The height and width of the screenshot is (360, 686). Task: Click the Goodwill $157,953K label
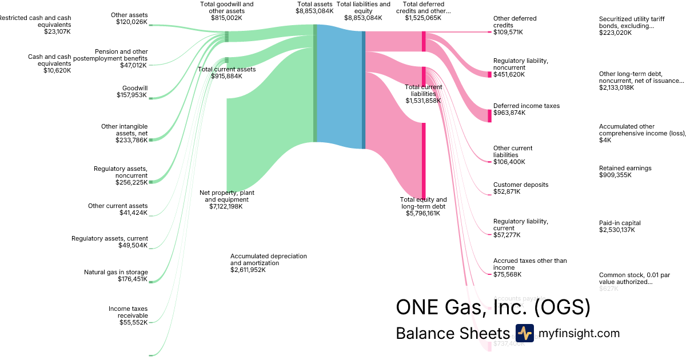(x=131, y=91)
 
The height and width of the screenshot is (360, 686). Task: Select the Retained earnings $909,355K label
(x=625, y=171)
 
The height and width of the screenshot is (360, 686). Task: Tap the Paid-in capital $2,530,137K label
(x=620, y=226)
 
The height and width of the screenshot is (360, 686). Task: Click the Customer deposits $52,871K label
(x=520, y=188)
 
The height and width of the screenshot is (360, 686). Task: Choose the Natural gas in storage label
(x=115, y=275)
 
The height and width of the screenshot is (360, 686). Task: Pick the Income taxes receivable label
(x=128, y=315)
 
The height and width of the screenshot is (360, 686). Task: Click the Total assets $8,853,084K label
(x=314, y=7)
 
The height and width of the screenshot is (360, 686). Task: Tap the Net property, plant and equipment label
(x=226, y=199)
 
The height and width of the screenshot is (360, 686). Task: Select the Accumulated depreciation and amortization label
(x=268, y=263)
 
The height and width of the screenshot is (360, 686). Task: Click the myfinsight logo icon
(x=524, y=333)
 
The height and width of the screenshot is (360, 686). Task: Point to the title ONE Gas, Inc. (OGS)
(x=493, y=307)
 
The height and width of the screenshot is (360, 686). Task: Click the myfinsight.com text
(x=579, y=334)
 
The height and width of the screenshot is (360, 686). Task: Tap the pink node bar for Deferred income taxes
(x=489, y=115)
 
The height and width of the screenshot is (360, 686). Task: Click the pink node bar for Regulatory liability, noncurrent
(x=489, y=74)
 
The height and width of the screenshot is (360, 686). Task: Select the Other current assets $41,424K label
(x=117, y=209)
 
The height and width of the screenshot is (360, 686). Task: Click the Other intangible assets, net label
(x=124, y=133)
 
